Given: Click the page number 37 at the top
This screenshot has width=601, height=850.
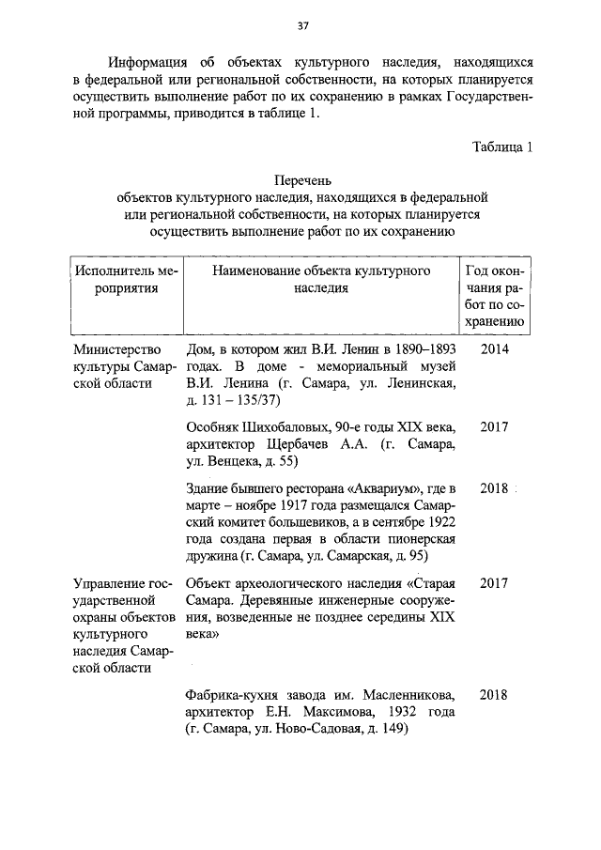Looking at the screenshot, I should point(301,25).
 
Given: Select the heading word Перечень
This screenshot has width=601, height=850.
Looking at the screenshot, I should point(301,180).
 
